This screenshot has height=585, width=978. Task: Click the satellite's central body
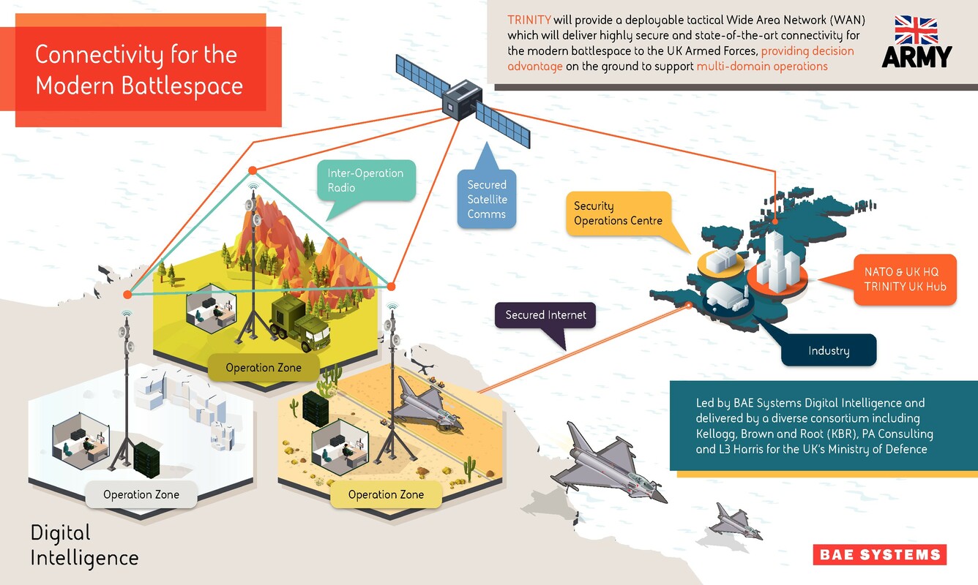coord(462,100)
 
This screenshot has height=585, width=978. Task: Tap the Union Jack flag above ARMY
coord(916,30)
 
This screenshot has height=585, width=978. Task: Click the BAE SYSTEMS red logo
coord(880,554)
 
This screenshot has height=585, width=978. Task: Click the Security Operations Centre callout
coord(619,214)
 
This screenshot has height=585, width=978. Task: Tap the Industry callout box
coord(828,350)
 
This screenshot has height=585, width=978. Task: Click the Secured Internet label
coord(545,315)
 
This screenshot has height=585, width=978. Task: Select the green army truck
coord(299,323)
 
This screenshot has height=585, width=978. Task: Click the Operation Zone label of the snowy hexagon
coord(141,494)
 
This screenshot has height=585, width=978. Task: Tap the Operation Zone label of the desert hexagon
coord(386,494)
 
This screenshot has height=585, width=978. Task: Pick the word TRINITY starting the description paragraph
coord(529,20)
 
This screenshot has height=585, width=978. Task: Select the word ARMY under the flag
coord(916,57)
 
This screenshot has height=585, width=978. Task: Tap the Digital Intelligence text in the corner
coord(84,546)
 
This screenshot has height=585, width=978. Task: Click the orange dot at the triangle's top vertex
coord(253,170)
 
